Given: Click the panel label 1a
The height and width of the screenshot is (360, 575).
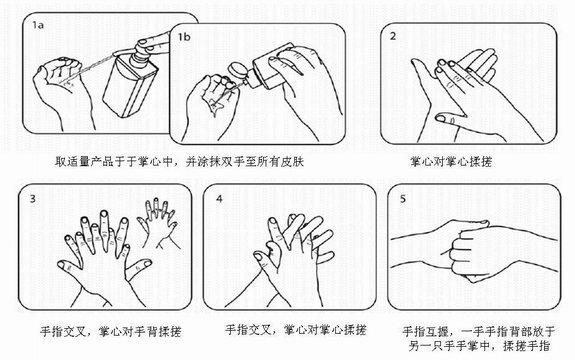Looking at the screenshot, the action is click(38, 25).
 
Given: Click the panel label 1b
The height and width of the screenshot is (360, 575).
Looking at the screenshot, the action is click(184, 37).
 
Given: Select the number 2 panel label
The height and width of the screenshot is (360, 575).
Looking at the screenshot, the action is click(393, 36).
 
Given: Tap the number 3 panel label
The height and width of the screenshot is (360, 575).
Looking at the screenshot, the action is click(33, 198).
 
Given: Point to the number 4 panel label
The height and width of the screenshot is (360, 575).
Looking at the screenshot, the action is click(219, 198).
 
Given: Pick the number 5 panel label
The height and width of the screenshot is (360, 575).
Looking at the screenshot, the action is click(403, 199).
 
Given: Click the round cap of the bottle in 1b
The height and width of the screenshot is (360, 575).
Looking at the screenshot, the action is click(237, 71).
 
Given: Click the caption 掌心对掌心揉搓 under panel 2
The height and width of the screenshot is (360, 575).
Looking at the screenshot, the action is click(451, 161).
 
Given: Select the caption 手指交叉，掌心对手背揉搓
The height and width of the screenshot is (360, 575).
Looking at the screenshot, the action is click(110, 332).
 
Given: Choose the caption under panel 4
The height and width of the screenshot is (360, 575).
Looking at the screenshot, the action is click(296, 330).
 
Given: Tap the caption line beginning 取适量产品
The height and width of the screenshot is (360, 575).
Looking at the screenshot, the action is click(179, 161).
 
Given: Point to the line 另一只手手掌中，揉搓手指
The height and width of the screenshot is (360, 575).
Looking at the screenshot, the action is click(479, 346).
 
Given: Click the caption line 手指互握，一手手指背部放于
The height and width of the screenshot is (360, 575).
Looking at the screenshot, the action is click(479, 332).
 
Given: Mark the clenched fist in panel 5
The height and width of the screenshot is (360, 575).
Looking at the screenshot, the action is click(468, 253).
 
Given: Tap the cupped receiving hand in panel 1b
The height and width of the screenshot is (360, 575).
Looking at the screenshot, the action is click(212, 104).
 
